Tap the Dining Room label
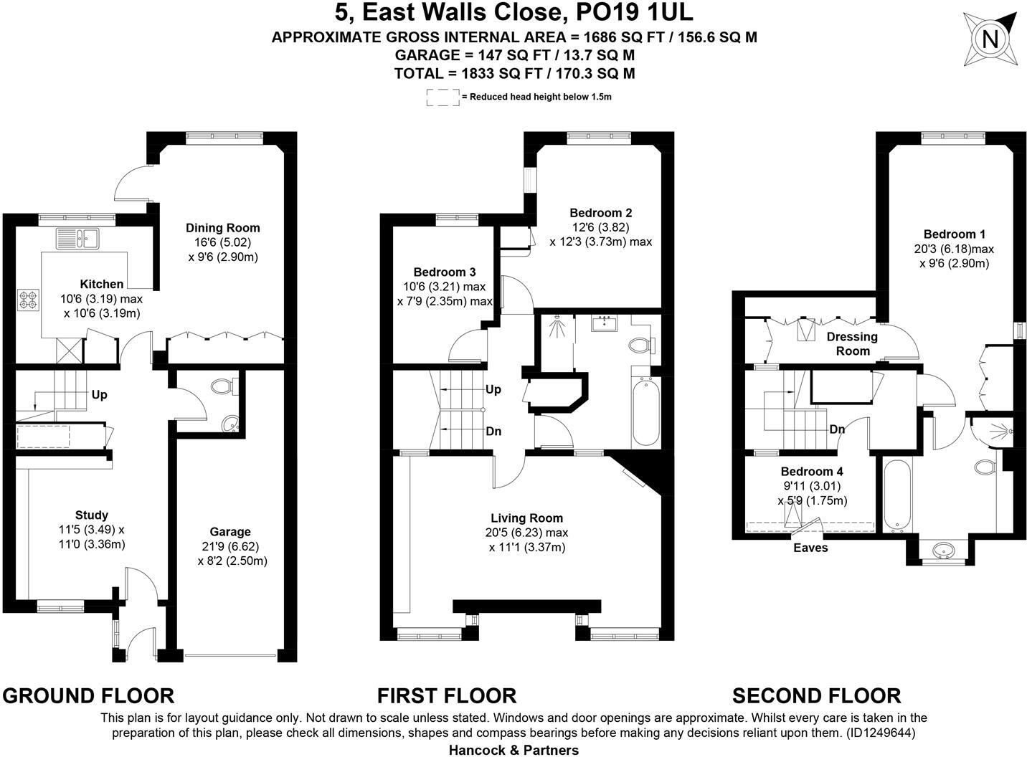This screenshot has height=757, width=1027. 223,228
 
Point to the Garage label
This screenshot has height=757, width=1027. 230,532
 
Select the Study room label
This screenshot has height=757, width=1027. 92,515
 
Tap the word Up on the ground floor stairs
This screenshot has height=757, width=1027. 99,395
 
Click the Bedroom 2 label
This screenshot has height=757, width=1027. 600,213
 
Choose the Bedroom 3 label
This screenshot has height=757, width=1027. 444,272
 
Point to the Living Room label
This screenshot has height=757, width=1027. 526,518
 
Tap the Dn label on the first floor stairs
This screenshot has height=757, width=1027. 493,432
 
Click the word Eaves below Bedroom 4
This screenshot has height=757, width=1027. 810,548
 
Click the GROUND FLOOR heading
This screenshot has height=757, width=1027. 88,695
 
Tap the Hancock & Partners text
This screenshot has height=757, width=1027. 513,750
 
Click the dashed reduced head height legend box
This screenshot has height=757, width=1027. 442,97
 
